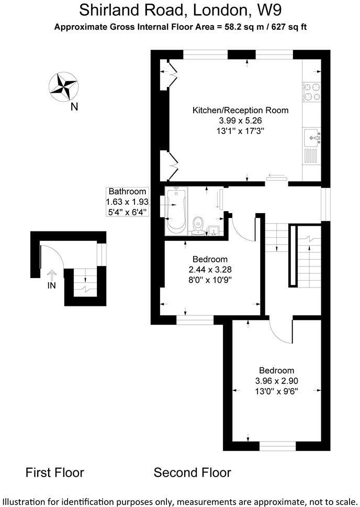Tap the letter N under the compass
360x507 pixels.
coord(74,107)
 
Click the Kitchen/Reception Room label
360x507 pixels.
coord(240,111)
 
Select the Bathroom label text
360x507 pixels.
coord(127,192)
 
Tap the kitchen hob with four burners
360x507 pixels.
coord(312,93)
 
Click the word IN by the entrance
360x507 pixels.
coord(51,285)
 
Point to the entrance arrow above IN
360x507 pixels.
coord(51,274)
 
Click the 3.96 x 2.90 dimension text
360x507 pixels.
coord(277,381)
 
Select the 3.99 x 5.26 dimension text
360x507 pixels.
coord(240,121)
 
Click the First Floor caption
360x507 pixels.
coord(55,472)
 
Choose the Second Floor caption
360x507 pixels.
coord(192,472)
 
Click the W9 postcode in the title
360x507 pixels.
coord(267,9)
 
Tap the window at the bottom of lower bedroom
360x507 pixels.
coord(278,446)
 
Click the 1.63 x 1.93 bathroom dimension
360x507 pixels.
coord(127,202)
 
